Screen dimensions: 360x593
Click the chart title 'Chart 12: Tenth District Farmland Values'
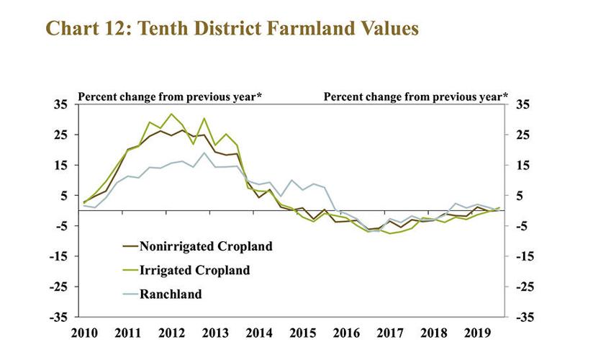click(x=231, y=28)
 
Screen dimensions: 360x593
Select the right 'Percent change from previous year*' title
click(x=416, y=96)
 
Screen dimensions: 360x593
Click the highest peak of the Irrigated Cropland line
click(x=171, y=114)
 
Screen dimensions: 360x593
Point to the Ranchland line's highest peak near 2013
click(x=204, y=153)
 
